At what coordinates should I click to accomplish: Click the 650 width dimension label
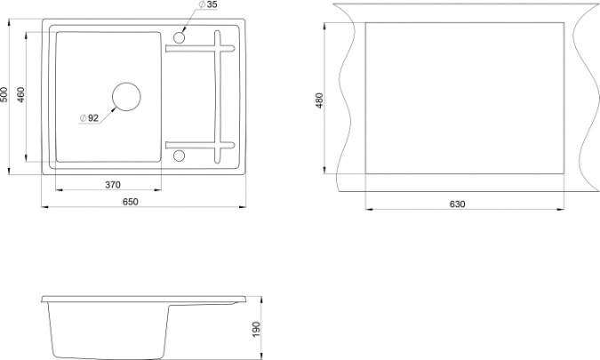click(131, 202)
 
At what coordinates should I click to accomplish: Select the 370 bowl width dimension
click(113, 185)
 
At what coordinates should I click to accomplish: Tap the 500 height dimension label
click(4, 94)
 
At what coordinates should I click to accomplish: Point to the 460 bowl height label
click(20, 94)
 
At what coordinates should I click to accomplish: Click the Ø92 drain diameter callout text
click(89, 118)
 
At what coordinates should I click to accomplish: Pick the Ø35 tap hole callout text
click(208, 4)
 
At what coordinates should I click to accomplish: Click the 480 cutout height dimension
click(320, 100)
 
